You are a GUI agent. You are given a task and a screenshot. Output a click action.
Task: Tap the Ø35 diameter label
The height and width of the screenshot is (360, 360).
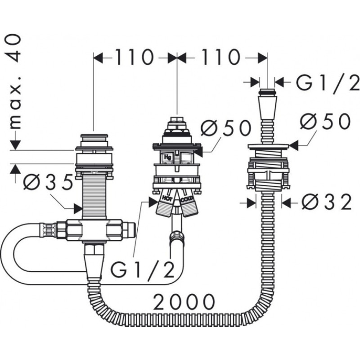pos(48,182)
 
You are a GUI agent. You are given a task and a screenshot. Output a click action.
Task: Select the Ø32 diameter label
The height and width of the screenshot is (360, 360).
pos(326,202)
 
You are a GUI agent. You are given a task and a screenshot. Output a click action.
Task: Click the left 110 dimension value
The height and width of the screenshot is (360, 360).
pos(134,57)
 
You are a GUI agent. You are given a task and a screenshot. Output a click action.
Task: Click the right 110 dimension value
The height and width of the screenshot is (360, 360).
pos(221,57)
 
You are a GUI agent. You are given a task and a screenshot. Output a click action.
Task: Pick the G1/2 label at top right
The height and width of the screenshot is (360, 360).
pos(328,81)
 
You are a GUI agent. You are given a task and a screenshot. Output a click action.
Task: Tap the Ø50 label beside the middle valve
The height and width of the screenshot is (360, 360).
pos(226,128)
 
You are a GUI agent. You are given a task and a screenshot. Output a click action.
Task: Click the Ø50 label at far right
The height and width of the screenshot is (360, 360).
pos(325,121)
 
